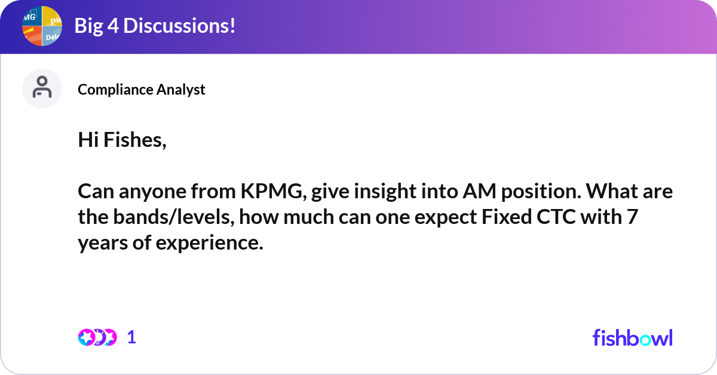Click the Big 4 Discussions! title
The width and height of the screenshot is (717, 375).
(154, 26)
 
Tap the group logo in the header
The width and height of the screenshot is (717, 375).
(42, 26)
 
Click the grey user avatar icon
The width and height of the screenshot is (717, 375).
(42, 88)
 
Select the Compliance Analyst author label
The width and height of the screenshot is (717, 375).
(142, 90)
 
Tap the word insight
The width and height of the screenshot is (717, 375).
(376, 192)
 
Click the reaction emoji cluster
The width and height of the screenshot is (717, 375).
(97, 337)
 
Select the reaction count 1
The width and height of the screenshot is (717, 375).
(132, 337)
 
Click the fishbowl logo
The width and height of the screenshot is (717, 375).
(632, 337)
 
